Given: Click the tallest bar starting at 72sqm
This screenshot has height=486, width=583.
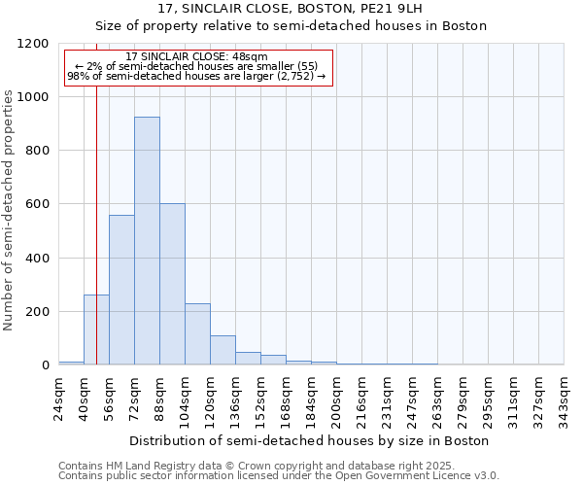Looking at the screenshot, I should [147, 241].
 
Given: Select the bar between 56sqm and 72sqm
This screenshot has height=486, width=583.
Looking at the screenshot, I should [121, 290].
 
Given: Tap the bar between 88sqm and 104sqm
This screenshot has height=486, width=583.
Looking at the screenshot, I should [172, 284].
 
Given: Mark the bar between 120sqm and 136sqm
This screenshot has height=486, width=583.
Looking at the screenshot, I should [223, 350].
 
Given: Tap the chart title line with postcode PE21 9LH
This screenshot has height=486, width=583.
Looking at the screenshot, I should [291, 9].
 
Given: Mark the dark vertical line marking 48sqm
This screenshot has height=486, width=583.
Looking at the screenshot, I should [96, 214].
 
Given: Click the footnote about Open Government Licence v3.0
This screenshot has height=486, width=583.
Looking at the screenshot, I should [278, 475].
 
